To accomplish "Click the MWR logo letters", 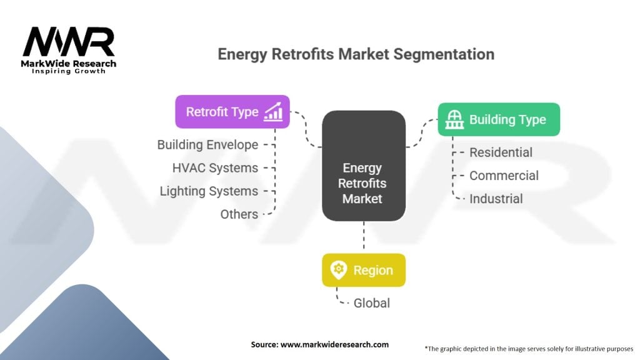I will (x=69, y=42).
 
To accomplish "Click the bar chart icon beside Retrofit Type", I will (x=273, y=112).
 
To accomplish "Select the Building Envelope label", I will (x=207, y=144).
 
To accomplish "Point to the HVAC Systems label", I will (x=215, y=167).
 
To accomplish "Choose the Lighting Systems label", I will (x=209, y=191).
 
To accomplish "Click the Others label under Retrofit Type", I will (x=239, y=214).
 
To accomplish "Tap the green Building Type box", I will (x=498, y=119).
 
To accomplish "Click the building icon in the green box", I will (x=454, y=119).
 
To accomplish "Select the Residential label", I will (x=501, y=152).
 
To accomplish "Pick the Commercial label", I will (x=504, y=176).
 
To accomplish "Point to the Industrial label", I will (x=496, y=199).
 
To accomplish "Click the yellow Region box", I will (x=363, y=270).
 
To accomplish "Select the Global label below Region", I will (x=371, y=302).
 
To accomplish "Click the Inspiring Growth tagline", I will (x=69, y=71).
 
